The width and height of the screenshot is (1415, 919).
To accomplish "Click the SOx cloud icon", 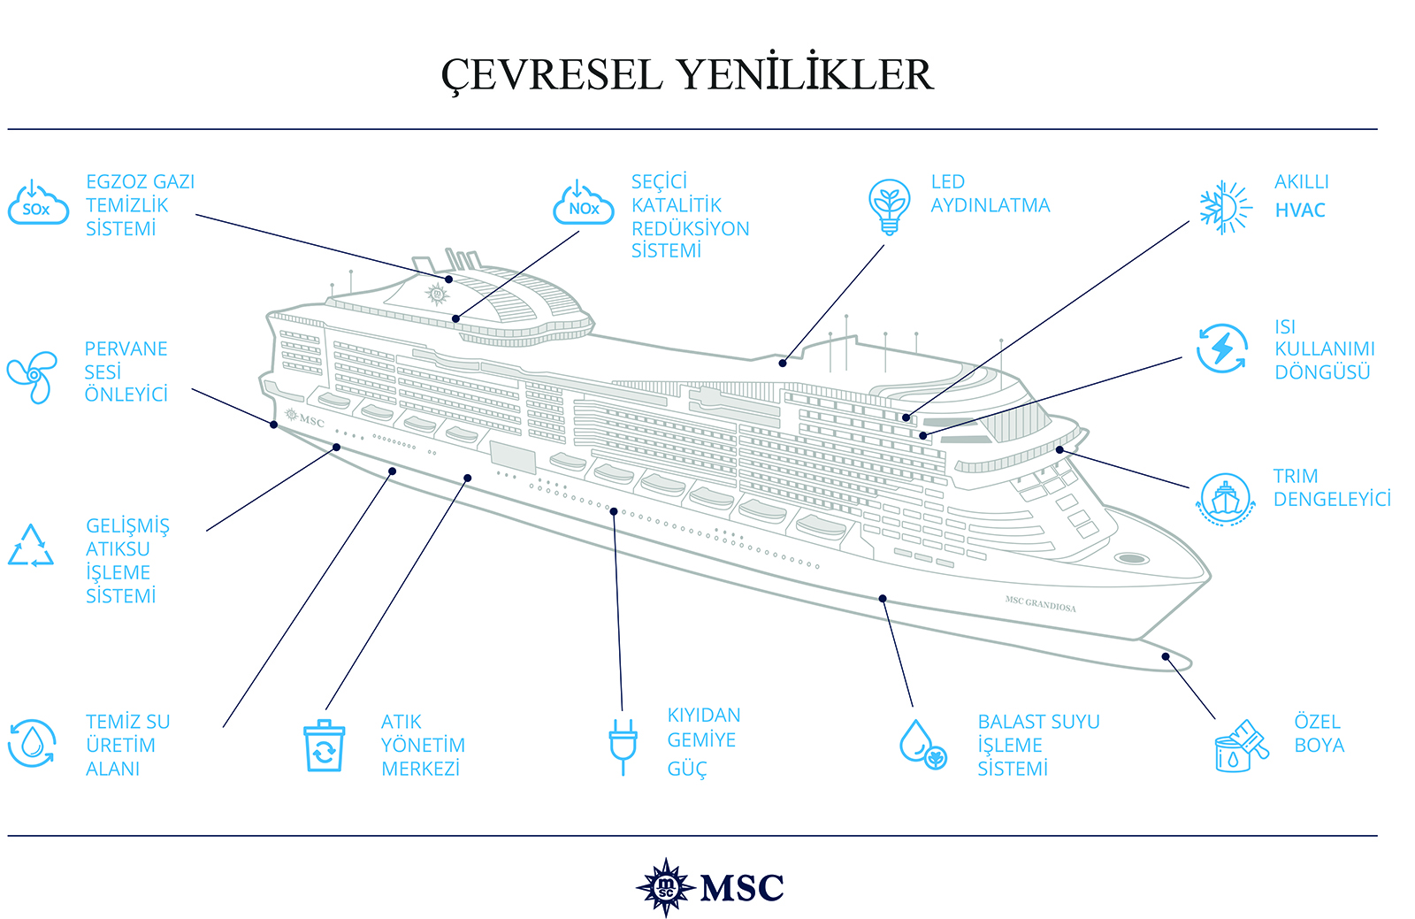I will (38, 204).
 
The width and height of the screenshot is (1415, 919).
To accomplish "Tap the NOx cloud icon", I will (583, 204).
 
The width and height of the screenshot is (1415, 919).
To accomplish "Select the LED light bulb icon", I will (889, 206).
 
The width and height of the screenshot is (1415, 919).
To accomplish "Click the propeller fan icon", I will (32, 377).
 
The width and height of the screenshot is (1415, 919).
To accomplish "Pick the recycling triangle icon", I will (31, 547).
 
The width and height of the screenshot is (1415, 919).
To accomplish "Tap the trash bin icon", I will (324, 746).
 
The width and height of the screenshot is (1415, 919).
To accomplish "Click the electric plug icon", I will (623, 745).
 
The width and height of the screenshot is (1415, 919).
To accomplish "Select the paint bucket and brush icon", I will (1241, 747).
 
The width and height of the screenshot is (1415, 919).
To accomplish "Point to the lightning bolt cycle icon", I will (1222, 348).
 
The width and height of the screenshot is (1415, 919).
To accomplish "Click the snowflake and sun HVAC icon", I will (1226, 208).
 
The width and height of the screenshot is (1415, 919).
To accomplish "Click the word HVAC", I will (1300, 211).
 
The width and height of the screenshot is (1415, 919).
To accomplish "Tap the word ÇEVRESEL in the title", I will (552, 74).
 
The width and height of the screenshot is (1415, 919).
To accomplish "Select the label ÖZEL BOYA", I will (1319, 733).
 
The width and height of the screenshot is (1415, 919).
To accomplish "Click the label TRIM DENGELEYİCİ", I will (1331, 488).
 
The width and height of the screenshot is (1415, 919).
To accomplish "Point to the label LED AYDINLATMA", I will (990, 194).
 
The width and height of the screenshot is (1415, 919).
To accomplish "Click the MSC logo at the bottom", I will (710, 887).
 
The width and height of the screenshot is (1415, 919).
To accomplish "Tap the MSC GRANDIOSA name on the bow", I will (1040, 604).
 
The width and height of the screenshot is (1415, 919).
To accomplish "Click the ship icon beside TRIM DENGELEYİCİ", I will (1225, 498).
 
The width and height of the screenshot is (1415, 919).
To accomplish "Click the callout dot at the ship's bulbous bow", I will (1166, 656).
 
